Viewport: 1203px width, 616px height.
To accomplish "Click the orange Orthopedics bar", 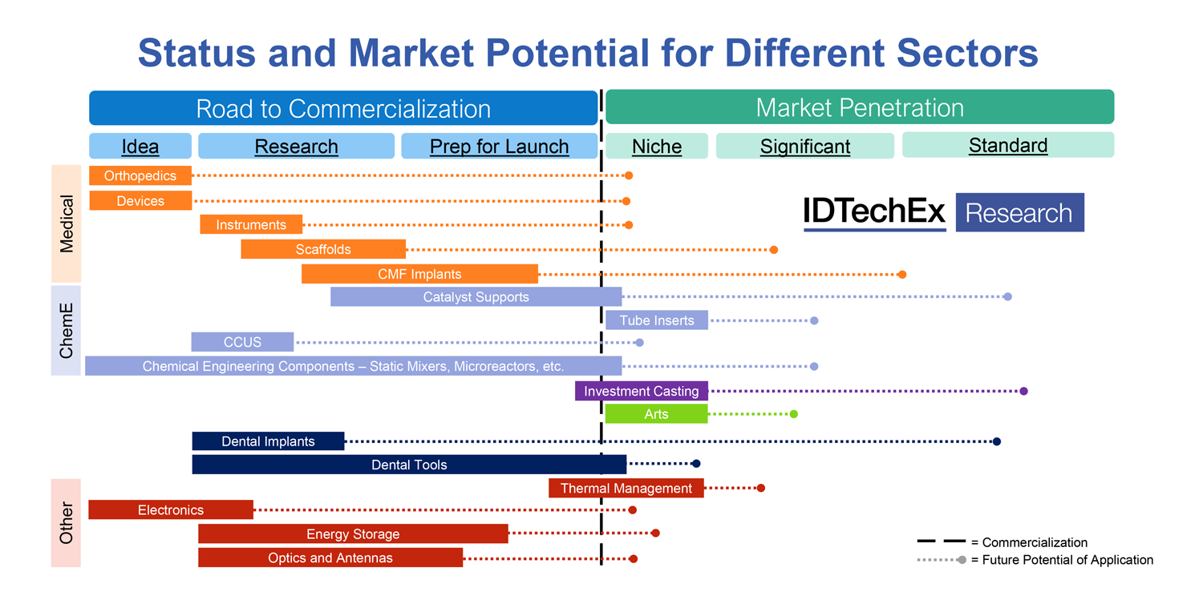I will (140, 176).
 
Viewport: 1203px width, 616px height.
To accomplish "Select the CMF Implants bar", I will (419, 274).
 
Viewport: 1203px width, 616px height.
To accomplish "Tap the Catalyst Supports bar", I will (476, 297).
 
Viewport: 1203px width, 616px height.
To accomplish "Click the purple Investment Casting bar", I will (641, 391).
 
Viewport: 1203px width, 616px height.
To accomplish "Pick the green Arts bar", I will (656, 414).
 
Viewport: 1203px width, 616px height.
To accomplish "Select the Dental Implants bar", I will (268, 441).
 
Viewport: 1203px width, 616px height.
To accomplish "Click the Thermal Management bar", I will (626, 488).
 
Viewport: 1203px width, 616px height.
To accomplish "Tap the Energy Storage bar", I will (353, 534).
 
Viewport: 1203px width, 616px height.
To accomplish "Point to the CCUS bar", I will (242, 342).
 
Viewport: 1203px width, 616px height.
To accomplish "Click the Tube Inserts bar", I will (656, 320).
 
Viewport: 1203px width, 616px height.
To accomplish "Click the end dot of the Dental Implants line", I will (997, 441).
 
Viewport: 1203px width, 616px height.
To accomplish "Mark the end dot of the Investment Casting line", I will (1023, 391).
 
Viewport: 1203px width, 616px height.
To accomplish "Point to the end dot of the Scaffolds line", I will (773, 250).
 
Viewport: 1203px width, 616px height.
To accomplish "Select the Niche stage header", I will (656, 147).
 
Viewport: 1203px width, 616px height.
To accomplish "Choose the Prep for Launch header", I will (499, 147).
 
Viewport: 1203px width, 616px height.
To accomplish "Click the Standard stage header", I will (1007, 145).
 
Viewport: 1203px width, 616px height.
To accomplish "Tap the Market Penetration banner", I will (859, 107).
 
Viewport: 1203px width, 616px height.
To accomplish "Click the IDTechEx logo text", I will (874, 212).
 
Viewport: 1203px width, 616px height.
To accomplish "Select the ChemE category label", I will (67, 331).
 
